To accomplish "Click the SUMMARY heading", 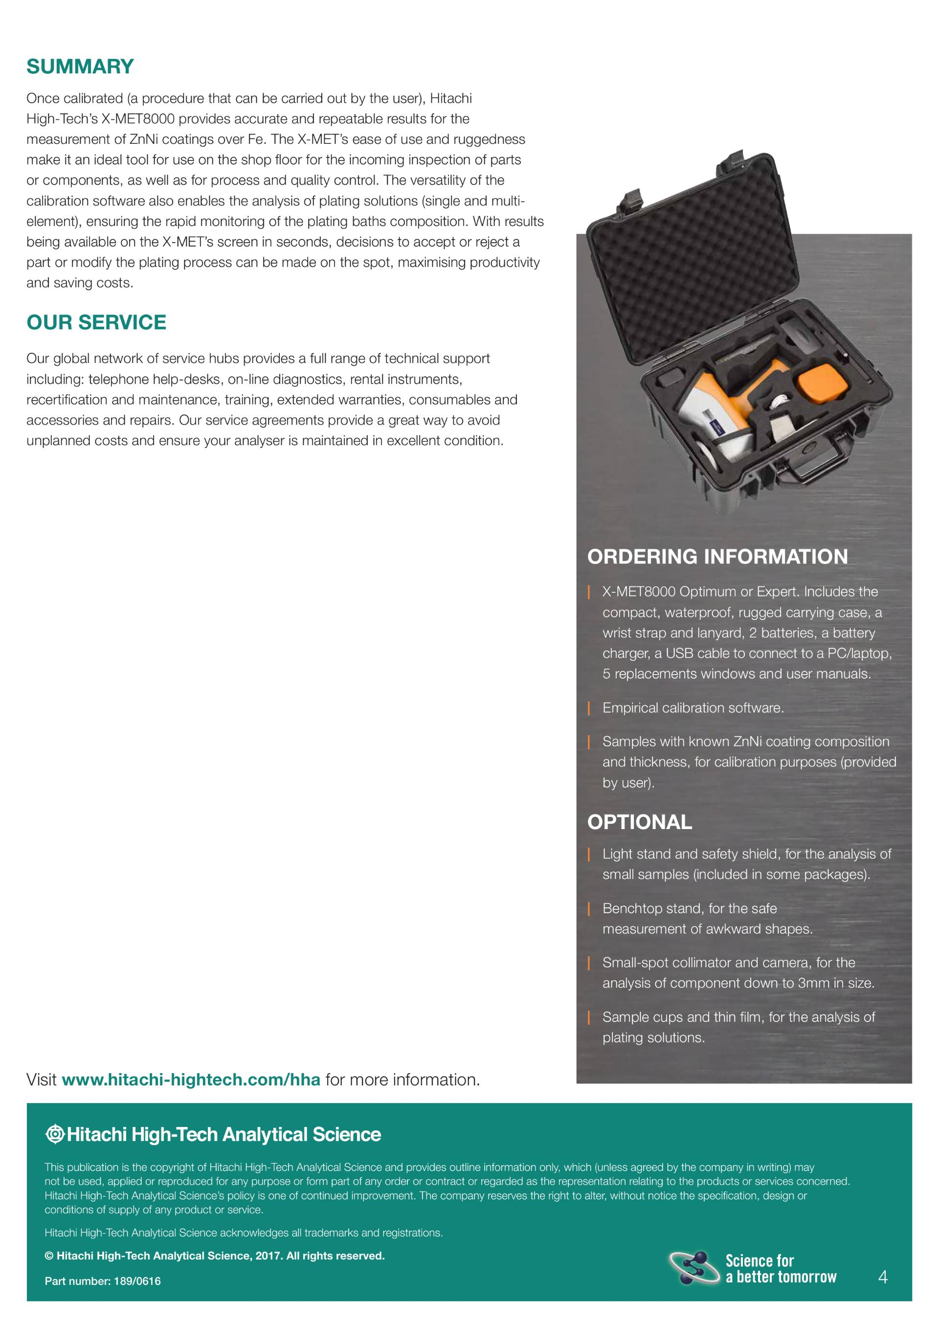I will pyautogui.click(x=80, y=67).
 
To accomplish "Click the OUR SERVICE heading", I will pyautogui.click(x=96, y=322).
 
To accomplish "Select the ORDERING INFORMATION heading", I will pyautogui.click(x=717, y=557).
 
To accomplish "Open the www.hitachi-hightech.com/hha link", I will pyautogui.click(x=190, y=1080).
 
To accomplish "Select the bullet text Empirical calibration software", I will pyautogui.click(x=693, y=708).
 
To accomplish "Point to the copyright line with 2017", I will pyautogui.click(x=215, y=1256).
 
